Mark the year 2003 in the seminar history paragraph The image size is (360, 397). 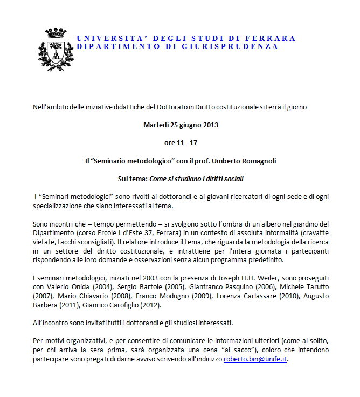[157, 277]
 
